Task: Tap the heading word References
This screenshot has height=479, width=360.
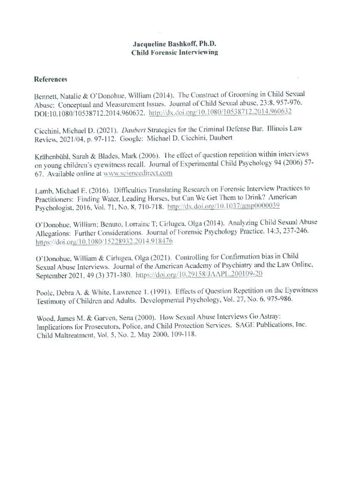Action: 50,79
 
